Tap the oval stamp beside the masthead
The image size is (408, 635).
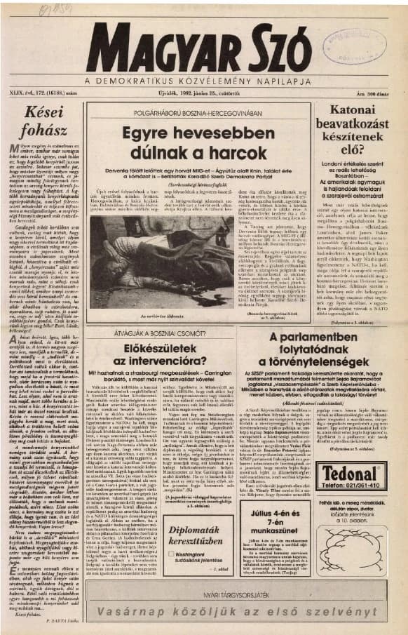pos(59,9)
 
